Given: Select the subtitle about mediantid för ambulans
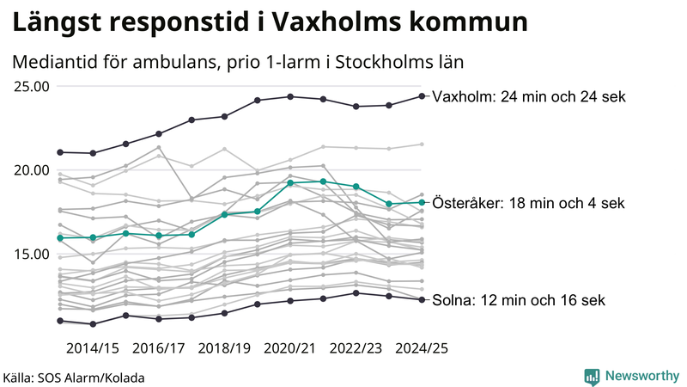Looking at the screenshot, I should (239, 62).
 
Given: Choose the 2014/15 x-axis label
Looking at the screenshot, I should (93, 348).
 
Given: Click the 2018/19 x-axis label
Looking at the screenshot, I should (225, 348).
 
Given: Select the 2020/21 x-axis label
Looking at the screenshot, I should (291, 348).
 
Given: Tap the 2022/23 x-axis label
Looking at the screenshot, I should (356, 348).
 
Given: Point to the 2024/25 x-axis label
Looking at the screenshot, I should (422, 348).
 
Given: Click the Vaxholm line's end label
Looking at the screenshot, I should (529, 96).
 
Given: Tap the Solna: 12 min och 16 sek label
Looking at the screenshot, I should (519, 300).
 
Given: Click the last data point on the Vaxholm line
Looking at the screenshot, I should (422, 95).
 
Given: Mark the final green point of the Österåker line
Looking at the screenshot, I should (422, 203).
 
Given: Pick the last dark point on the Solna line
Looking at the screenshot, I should (422, 299).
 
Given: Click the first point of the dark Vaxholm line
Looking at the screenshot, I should (60, 152).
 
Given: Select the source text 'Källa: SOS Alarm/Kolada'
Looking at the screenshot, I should (74, 378).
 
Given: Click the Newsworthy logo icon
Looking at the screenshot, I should (592, 376).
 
